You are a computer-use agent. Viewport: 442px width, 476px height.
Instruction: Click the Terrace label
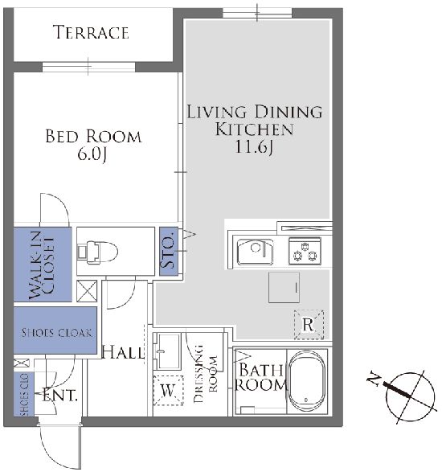pyautogui.click(x=91, y=32)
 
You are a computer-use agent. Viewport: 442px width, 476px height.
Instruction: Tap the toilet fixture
pyautogui.click(x=97, y=252)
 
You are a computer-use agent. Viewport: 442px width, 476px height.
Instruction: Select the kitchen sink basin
pyautogui.click(x=255, y=252)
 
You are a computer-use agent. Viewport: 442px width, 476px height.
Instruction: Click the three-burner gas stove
pyautogui.click(x=305, y=251)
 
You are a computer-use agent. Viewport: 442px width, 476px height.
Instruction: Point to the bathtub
pyautogui.click(x=306, y=382)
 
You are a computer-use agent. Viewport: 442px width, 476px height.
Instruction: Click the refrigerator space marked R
pyautogui.click(x=309, y=325)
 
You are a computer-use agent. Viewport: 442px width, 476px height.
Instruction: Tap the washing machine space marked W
pyautogui.click(x=168, y=391)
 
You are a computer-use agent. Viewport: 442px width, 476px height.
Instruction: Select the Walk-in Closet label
pyautogui.click(x=42, y=265)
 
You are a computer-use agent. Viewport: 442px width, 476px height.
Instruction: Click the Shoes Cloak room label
pyautogui.click(x=56, y=333)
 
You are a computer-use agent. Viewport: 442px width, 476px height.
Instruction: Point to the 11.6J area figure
pyautogui.click(x=254, y=147)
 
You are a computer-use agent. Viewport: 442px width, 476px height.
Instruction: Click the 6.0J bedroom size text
pyautogui.click(x=92, y=154)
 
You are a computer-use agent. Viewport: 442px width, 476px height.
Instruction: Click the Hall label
pyautogui.click(x=122, y=352)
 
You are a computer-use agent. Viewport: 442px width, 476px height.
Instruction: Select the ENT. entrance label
pyautogui.click(x=59, y=396)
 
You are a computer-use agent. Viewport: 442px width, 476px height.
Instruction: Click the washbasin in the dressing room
pyautogui.click(x=167, y=351)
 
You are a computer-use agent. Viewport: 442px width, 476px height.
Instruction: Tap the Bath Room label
pyautogui.click(x=261, y=377)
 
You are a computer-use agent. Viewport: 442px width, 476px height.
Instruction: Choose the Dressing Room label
pyautogui.click(x=206, y=373)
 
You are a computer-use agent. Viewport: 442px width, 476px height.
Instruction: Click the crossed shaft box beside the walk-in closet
pyautogui.click(x=87, y=291)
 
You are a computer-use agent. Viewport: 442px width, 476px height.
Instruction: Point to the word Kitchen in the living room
pyautogui.click(x=254, y=129)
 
